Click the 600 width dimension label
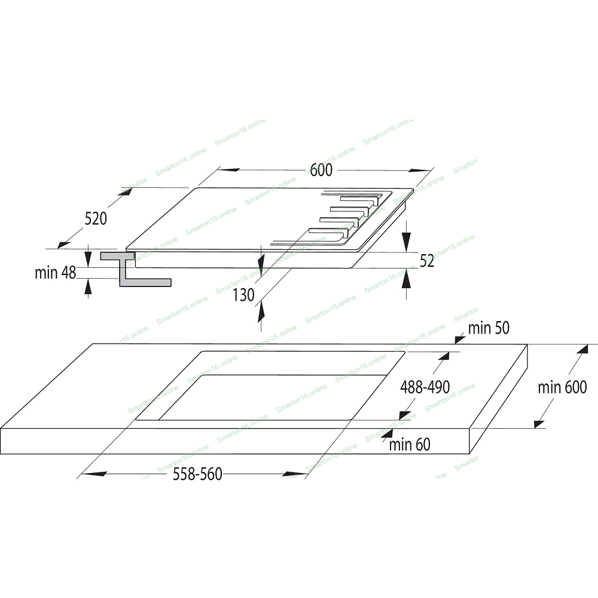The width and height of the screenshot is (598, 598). pyautogui.click(x=321, y=170)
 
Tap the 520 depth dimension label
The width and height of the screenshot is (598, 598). pyautogui.click(x=95, y=219)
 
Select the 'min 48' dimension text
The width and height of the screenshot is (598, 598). pyautogui.click(x=55, y=273)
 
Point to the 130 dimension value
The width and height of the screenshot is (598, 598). pyautogui.click(x=243, y=295)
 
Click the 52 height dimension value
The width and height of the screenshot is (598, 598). pyautogui.click(x=427, y=261)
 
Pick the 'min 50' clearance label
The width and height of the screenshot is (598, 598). pyautogui.click(x=489, y=328)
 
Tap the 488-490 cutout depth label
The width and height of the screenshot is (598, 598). pyautogui.click(x=425, y=387)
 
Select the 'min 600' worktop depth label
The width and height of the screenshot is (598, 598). pyautogui.click(x=562, y=388)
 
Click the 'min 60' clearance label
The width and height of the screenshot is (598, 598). pyautogui.click(x=410, y=445)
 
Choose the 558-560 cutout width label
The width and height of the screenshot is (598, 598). pyautogui.click(x=197, y=474)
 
